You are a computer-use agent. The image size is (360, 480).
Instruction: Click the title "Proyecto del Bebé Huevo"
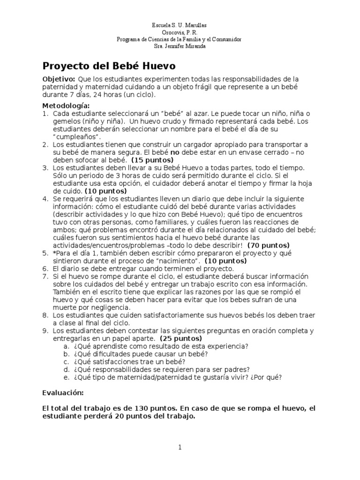pos(109,65)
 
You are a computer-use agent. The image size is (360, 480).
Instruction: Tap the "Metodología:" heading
pos(66,105)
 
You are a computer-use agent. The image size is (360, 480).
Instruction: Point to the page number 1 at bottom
pos(180,448)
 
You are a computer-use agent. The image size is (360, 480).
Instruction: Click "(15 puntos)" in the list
pos(153,160)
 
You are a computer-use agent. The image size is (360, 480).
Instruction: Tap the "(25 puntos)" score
pos(181,338)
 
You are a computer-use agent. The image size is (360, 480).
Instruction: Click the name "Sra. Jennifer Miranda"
pos(180,46)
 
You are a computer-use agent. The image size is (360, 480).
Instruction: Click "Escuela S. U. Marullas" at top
pos(180,25)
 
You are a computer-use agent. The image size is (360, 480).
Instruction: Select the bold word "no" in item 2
pos(175,152)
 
